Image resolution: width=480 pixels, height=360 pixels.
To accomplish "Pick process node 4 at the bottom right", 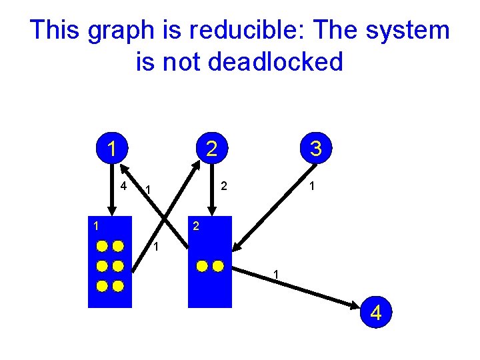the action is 376,311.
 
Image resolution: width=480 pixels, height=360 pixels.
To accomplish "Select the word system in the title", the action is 412,31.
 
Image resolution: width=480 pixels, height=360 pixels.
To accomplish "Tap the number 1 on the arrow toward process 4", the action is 276,275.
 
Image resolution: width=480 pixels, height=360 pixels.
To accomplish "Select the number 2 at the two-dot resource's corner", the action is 195,227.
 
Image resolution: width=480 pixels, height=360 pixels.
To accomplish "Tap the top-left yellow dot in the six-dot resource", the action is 102,245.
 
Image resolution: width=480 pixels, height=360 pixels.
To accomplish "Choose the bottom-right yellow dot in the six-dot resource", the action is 118,287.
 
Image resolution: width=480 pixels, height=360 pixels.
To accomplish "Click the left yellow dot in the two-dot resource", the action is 202,266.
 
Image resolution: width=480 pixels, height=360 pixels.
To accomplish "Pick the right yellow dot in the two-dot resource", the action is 218,266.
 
